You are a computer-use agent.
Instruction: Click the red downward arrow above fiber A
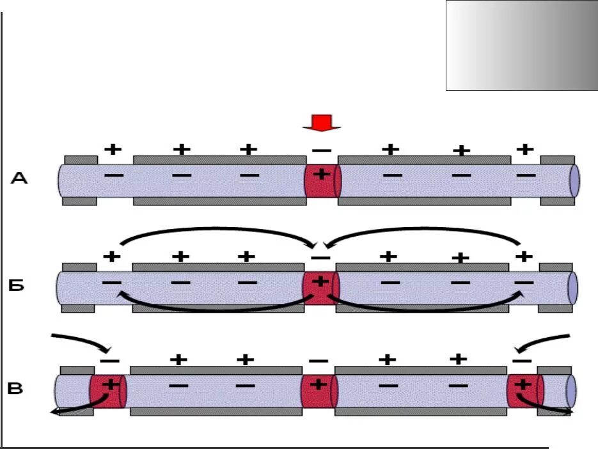(322, 123)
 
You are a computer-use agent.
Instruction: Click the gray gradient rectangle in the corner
(521, 45)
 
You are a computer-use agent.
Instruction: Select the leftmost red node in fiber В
(107, 391)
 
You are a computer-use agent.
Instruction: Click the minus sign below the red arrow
(322, 151)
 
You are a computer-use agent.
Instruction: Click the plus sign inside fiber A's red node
(322, 174)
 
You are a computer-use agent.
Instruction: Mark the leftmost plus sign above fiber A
(113, 149)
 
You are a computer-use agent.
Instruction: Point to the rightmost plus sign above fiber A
(524, 149)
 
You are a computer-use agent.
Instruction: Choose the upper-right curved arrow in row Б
(422, 231)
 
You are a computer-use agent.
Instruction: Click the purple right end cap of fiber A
(574, 180)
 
